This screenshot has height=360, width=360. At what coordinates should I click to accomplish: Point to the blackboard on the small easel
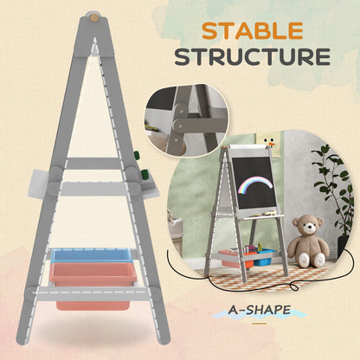click(x=252, y=183)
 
